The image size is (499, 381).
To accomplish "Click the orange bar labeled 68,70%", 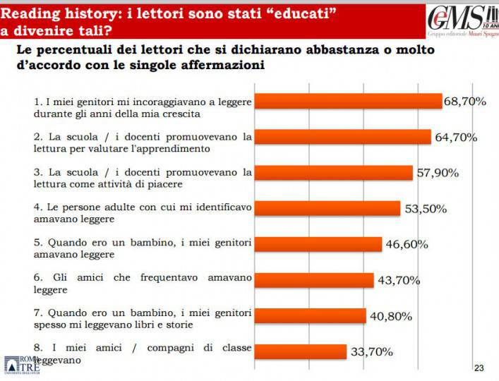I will [348, 102].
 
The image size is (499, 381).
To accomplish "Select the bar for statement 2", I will [342, 137].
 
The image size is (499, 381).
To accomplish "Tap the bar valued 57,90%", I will [333, 173].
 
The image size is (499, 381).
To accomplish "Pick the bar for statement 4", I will [327, 208].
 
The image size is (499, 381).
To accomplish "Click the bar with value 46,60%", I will [318, 244].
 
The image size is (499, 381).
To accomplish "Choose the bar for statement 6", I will [313, 280].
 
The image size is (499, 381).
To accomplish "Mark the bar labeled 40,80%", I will [310, 315].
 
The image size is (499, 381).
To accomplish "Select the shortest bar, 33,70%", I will [300, 351].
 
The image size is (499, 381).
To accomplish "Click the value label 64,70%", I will [456, 137].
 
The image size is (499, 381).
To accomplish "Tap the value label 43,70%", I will [398, 280].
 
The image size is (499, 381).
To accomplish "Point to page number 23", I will [479, 368].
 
